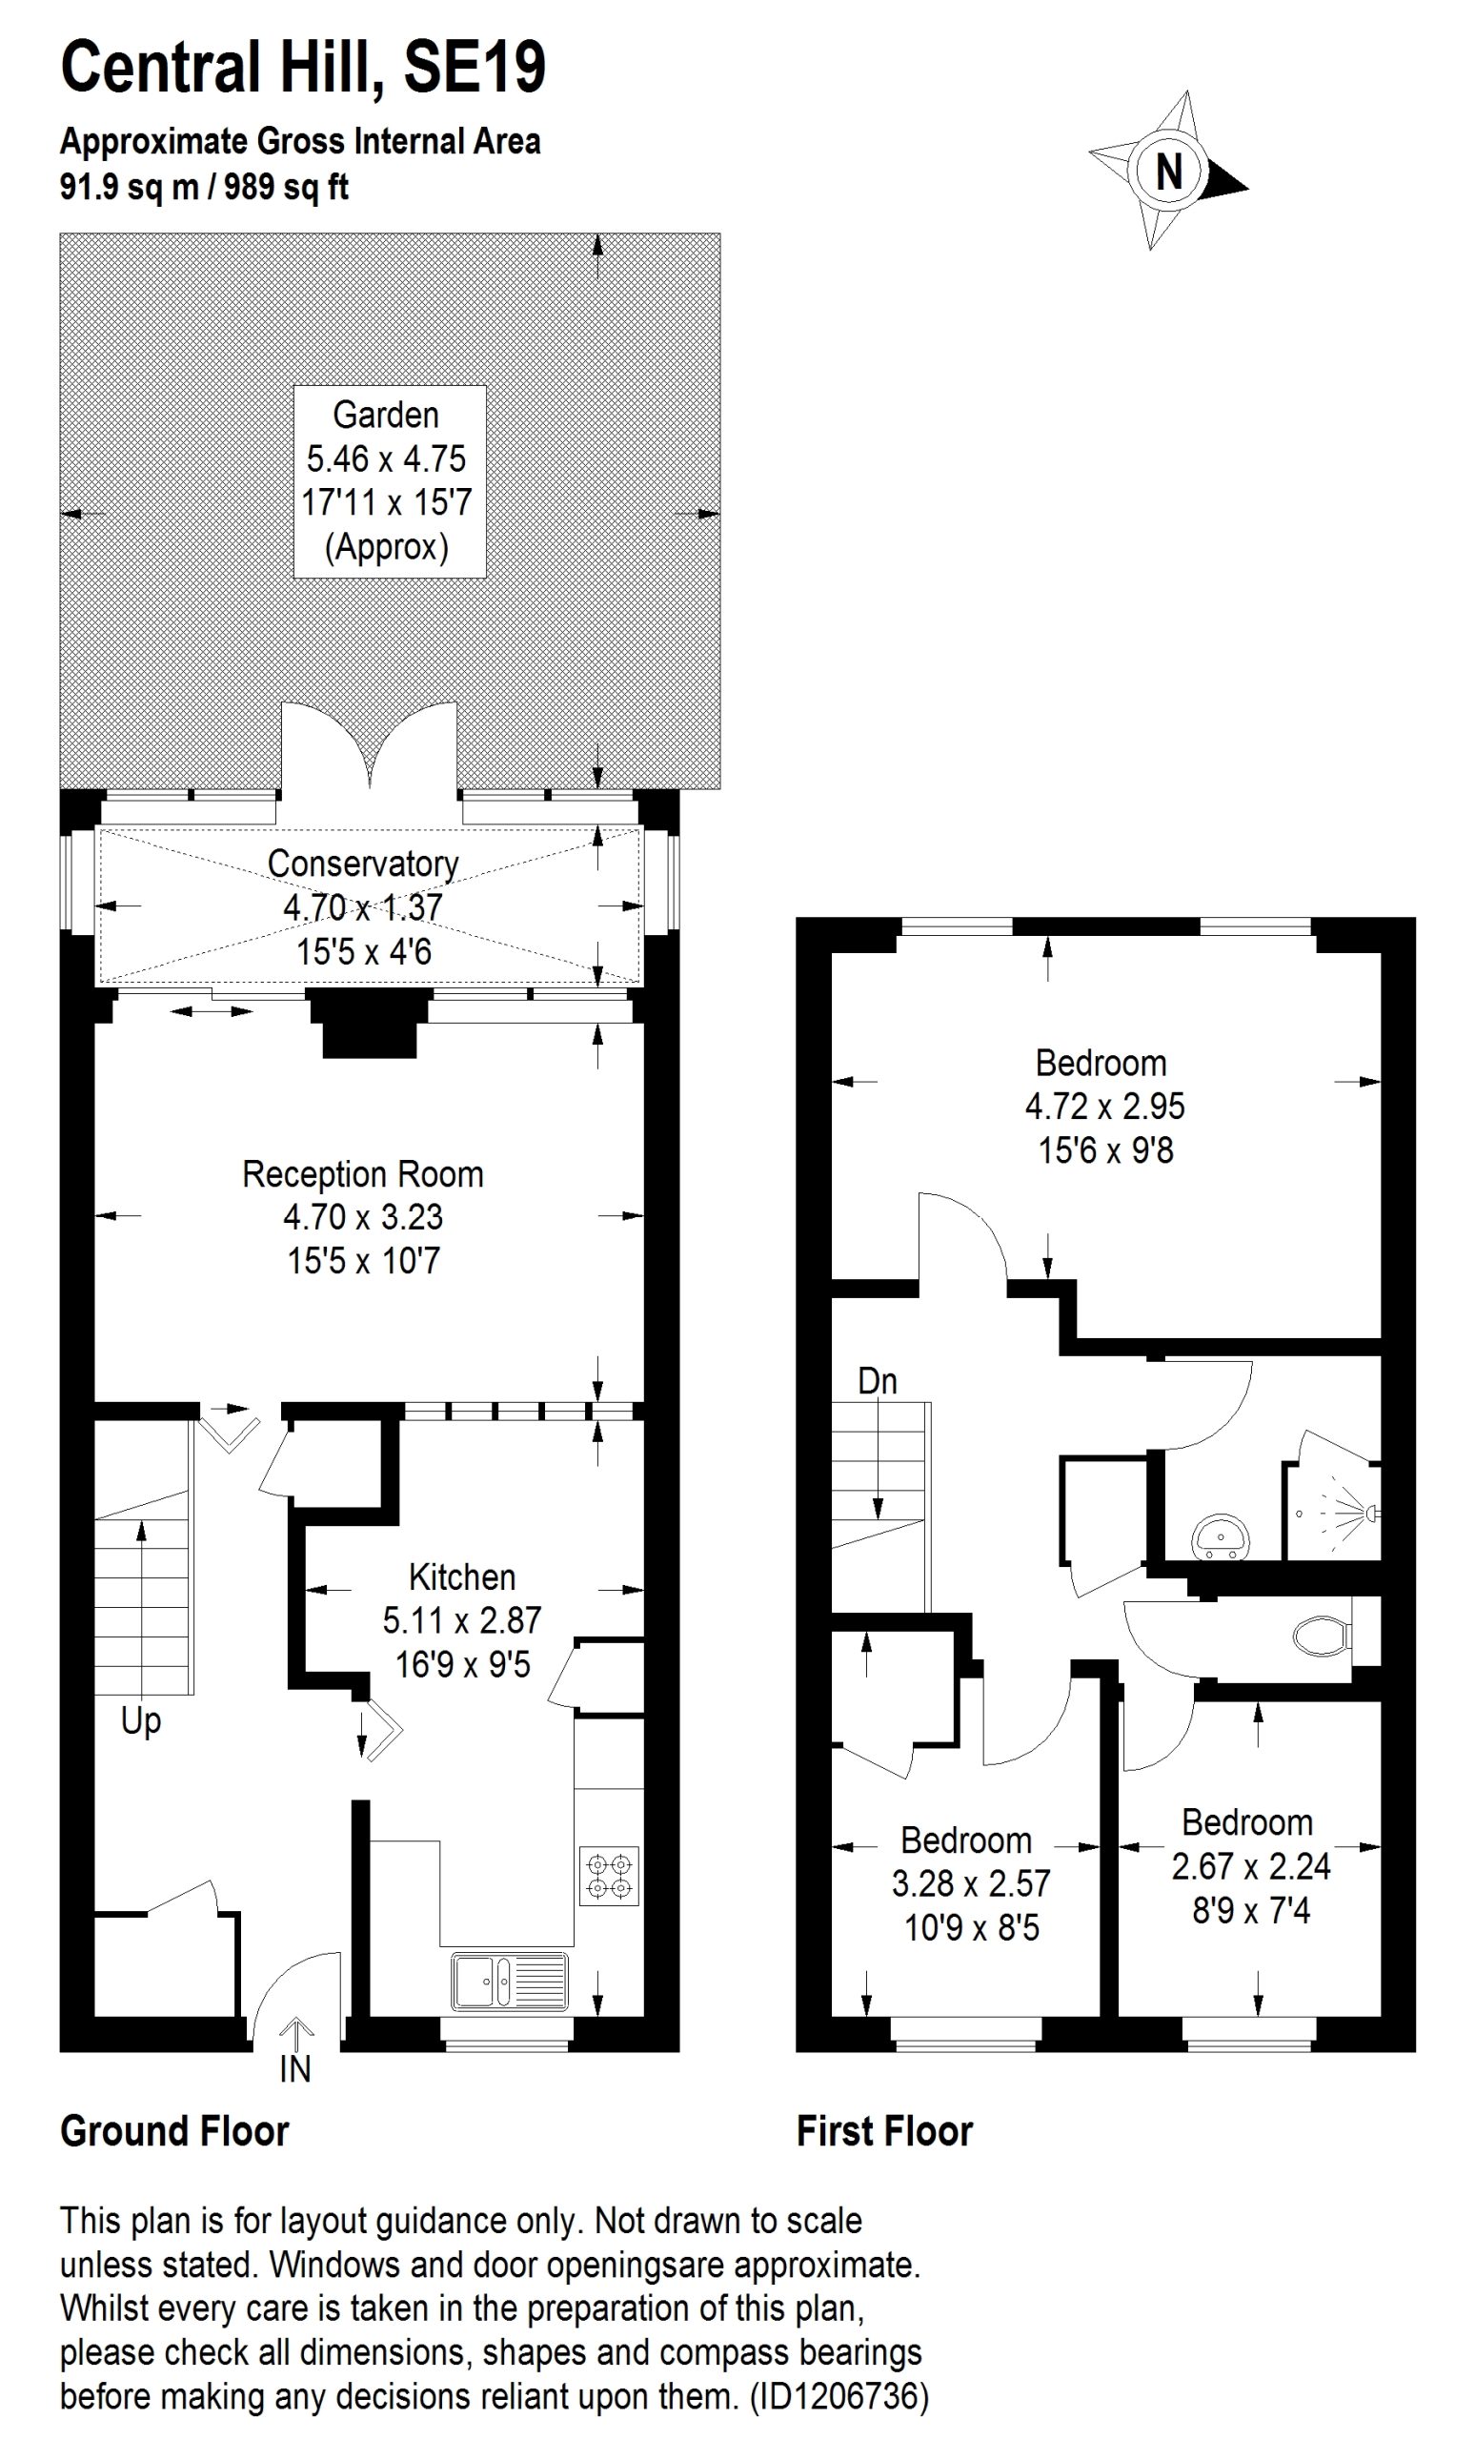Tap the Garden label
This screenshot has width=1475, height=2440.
(x=386, y=415)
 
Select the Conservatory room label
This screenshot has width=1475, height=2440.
(x=363, y=864)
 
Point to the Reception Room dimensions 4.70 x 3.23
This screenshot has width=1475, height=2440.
(x=363, y=1216)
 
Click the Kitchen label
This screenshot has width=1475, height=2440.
(x=462, y=1576)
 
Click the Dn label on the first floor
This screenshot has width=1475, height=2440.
(x=877, y=1380)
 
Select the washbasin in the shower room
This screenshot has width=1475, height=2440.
(x=1222, y=1536)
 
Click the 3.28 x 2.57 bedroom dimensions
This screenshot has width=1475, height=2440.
(x=971, y=1882)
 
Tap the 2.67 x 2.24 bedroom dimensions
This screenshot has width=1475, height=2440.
(x=1251, y=1865)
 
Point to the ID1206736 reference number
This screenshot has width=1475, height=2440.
(x=839, y=2395)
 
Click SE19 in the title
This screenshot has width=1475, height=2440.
(x=475, y=67)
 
